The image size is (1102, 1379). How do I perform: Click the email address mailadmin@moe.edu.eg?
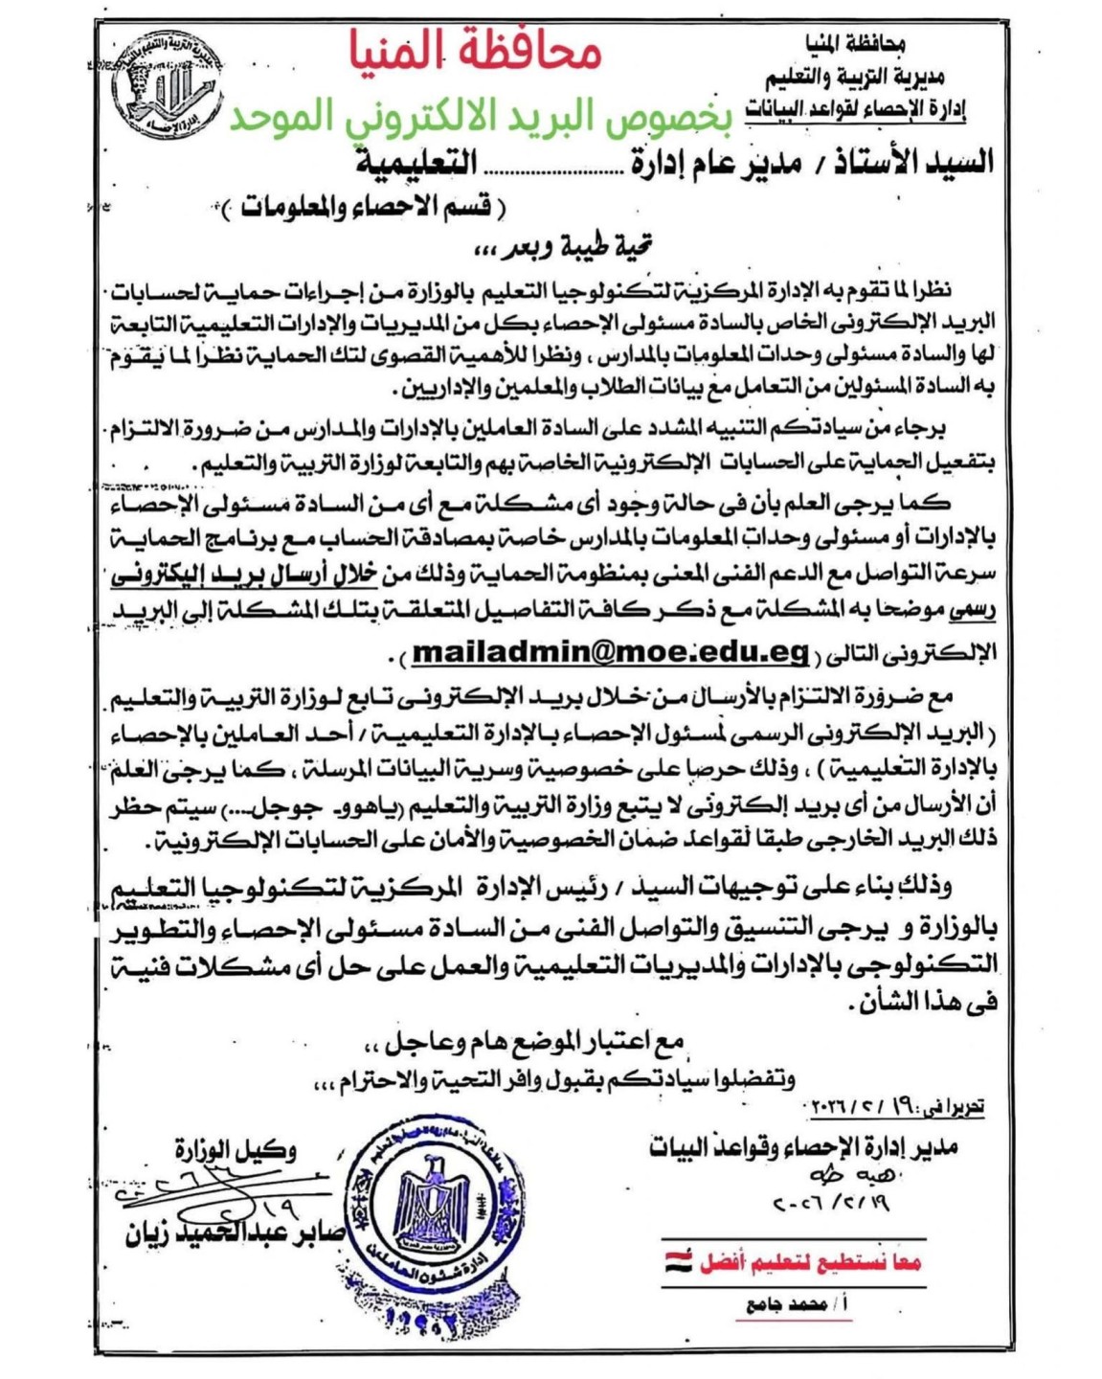point(611,652)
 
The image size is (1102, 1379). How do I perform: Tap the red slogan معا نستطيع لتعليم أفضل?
point(809,1263)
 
